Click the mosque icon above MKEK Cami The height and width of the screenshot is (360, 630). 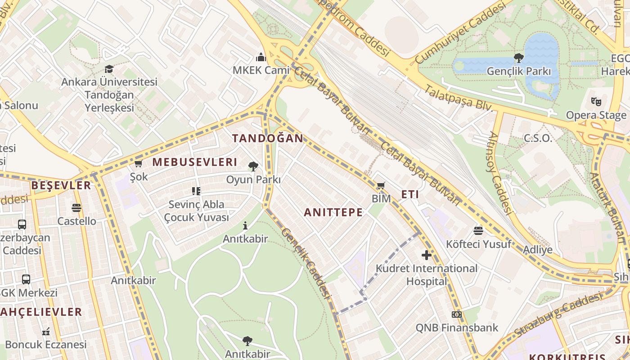tap(261, 57)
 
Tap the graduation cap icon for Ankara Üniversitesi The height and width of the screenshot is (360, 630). tap(109, 69)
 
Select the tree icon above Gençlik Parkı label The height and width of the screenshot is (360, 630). tap(518, 58)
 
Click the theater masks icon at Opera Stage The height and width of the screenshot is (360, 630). tap(596, 102)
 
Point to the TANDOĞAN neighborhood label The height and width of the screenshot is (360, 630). tap(268, 138)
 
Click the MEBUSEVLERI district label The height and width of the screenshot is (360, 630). tap(194, 162)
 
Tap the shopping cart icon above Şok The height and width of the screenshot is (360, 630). tap(139, 163)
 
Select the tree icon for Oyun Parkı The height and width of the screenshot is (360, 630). tap(253, 166)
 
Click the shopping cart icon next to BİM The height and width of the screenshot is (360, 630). tap(381, 185)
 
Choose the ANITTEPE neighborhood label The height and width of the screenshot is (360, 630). tap(333, 212)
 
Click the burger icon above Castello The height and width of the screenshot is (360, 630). tap(76, 208)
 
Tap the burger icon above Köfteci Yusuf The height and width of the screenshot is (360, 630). tap(478, 231)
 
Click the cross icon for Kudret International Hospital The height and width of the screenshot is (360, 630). tap(426, 255)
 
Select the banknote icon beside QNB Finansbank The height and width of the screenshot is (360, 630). tap(457, 315)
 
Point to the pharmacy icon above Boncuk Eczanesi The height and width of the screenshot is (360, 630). tap(45, 332)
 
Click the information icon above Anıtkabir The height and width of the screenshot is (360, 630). tap(245, 225)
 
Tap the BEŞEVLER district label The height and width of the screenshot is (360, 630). tap(61, 185)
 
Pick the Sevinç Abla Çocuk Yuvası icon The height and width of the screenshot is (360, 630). tap(196, 191)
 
